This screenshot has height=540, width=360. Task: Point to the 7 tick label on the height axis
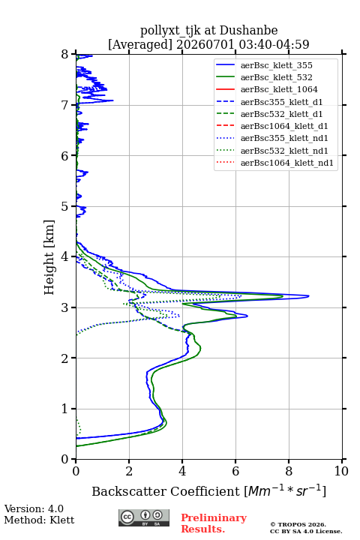click(65, 105)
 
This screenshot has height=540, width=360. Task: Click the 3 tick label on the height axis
click(65, 307)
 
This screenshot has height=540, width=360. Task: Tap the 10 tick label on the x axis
click(341, 471)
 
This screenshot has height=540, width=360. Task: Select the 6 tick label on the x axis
click(235, 471)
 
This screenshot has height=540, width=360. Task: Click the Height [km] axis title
click(49, 257)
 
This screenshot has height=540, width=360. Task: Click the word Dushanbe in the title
click(248, 31)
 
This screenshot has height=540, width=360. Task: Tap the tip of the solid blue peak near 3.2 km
click(309, 295)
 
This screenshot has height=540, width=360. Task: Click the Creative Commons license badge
click(144, 518)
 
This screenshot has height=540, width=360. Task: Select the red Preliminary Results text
click(214, 523)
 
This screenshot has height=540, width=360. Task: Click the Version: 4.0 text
click(34, 508)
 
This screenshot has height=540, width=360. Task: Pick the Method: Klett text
click(39, 520)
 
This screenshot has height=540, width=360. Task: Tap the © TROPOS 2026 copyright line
click(298, 524)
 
